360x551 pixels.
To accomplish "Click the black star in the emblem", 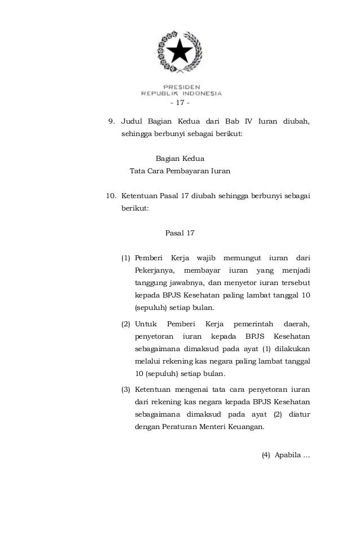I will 181,51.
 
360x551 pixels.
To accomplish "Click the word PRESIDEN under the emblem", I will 181,87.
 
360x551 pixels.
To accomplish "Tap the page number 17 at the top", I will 180,103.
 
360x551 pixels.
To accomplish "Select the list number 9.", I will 111,121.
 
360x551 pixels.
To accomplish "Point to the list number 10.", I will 111,196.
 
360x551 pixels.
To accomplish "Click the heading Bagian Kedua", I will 180,159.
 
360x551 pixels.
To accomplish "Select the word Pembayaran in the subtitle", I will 188,170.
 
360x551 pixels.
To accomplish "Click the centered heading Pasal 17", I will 180,233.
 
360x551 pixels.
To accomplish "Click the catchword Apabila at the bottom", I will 288,456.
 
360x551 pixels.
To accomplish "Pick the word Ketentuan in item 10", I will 139,196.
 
